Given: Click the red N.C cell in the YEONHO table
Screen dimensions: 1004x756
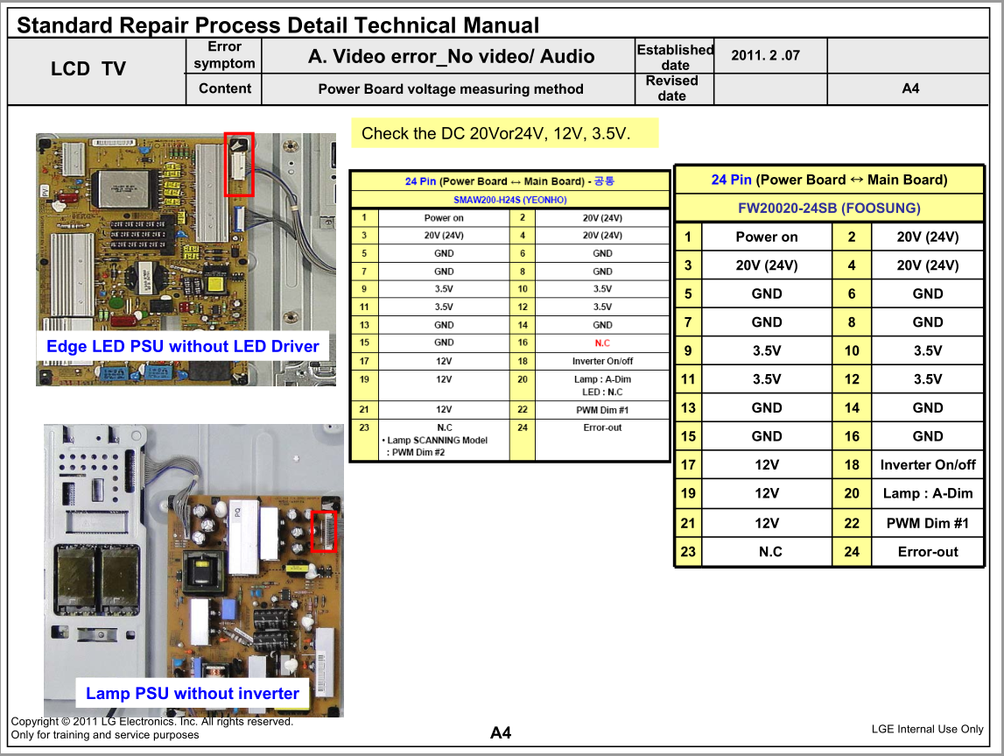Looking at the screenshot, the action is pyautogui.click(x=602, y=343).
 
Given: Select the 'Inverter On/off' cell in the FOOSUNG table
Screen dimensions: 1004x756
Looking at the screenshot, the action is pyautogui.click(x=928, y=464).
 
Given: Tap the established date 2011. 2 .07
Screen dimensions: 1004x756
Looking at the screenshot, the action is pyautogui.click(x=765, y=55).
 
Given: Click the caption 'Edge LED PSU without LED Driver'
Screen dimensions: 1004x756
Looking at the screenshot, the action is pyautogui.click(x=182, y=346).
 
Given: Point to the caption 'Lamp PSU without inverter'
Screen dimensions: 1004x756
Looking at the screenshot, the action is pyautogui.click(x=192, y=693).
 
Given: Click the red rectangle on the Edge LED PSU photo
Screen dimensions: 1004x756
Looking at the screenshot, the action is pyautogui.click(x=239, y=164).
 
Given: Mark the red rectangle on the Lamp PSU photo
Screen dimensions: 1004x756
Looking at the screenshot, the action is pyautogui.click(x=324, y=532).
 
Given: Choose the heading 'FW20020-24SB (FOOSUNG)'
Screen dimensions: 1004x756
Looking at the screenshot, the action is pyautogui.click(x=829, y=208).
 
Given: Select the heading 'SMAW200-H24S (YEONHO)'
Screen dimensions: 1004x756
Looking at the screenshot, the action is pyautogui.click(x=510, y=200).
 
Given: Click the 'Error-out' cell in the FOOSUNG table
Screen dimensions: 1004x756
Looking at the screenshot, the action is pyautogui.click(x=928, y=552).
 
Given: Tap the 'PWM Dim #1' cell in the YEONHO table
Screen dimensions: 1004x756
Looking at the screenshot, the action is pyautogui.click(x=602, y=410).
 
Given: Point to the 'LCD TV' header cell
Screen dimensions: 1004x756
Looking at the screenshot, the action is pyautogui.click(x=88, y=68).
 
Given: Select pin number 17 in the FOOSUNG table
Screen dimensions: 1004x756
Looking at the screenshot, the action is pyautogui.click(x=688, y=464).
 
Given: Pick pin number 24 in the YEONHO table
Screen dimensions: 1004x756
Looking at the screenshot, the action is pyautogui.click(x=523, y=427).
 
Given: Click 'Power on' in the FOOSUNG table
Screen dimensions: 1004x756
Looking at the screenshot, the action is pyautogui.click(x=767, y=237).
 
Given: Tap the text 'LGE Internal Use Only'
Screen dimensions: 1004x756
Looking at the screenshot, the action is pyautogui.click(x=927, y=729).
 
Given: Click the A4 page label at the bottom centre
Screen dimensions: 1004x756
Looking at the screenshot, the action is pyautogui.click(x=501, y=733).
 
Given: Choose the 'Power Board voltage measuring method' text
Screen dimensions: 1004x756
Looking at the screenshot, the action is pyautogui.click(x=451, y=89).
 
